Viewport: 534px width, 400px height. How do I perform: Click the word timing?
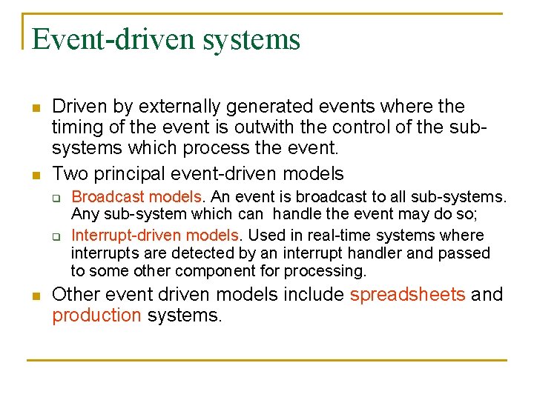(x=77, y=127)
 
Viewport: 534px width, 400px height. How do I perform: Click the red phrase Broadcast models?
(x=136, y=197)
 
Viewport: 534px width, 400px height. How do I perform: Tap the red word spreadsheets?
(x=408, y=294)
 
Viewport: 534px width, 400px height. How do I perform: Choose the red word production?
(x=96, y=316)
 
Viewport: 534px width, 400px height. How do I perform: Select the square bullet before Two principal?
(x=35, y=176)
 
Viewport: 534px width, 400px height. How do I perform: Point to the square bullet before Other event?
(x=35, y=295)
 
